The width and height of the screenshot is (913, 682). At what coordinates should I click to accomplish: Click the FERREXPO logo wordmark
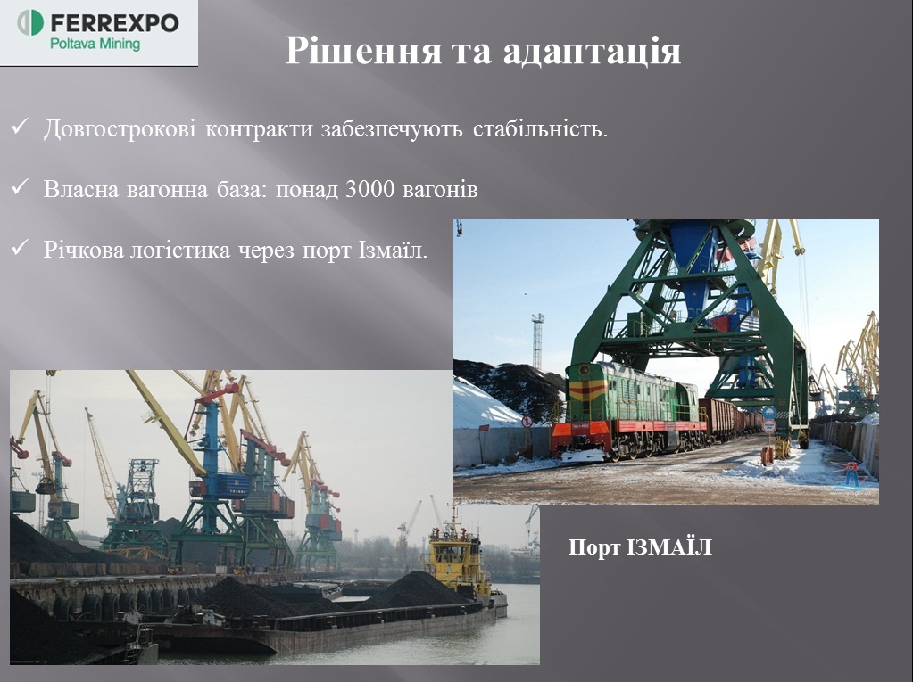(114, 23)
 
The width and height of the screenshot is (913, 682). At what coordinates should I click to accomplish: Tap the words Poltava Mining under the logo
(95, 45)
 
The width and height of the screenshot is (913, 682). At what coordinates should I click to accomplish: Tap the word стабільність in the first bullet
(540, 129)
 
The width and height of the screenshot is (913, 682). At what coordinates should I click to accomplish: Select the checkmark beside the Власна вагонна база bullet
(20, 187)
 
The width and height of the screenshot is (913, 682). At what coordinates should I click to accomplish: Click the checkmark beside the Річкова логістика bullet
(20, 248)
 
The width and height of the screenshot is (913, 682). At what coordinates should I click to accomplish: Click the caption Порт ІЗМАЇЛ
(640, 547)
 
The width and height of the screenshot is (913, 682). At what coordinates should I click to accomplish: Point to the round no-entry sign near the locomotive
(527, 422)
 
